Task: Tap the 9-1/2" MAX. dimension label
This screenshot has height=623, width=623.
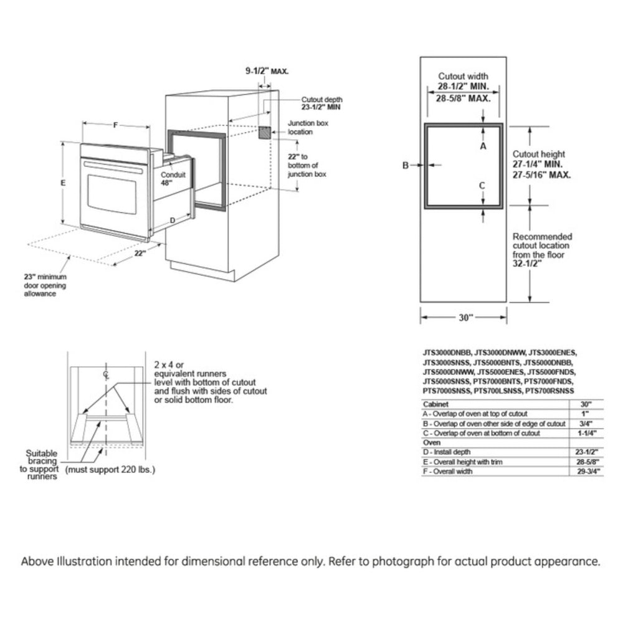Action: click(266, 72)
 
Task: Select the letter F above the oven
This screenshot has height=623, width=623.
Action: click(115, 125)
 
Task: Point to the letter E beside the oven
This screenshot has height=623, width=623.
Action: click(63, 184)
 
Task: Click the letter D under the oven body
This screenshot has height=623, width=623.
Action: click(173, 219)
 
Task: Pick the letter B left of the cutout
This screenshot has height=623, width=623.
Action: click(405, 165)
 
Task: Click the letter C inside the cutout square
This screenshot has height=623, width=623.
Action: click(482, 185)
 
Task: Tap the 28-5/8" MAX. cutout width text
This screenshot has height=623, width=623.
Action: click(463, 98)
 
